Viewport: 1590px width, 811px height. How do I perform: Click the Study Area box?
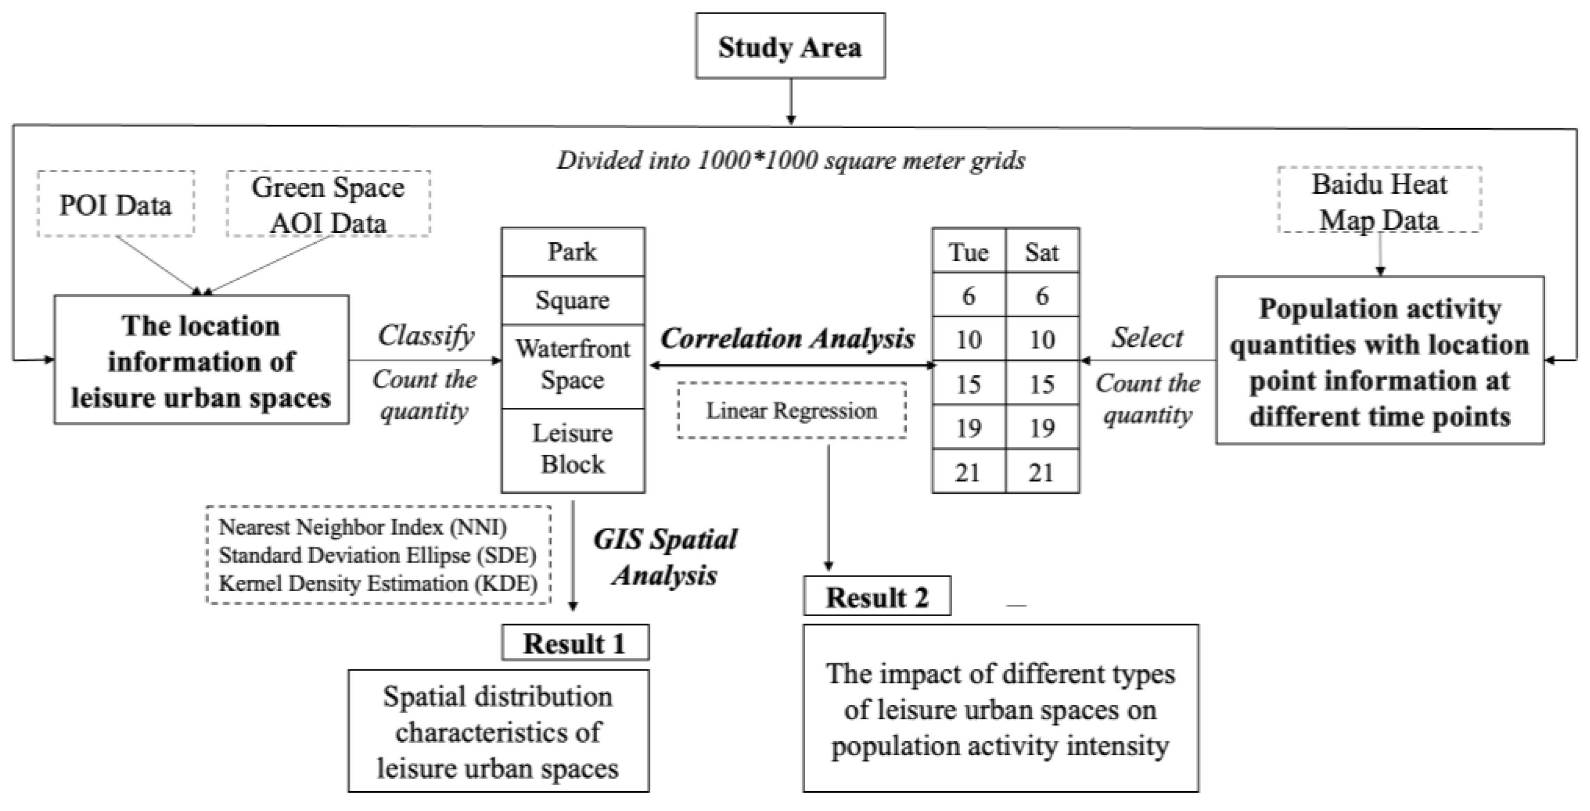coord(790,46)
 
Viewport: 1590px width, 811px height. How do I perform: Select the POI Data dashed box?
coord(115,204)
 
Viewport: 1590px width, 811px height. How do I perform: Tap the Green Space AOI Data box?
coord(328,204)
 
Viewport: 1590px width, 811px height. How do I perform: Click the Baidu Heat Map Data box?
coord(1379,201)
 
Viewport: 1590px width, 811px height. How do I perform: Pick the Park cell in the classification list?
coord(573,252)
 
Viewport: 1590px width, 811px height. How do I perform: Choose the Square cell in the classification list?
coord(573,301)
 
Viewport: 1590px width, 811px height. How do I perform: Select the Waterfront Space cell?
coord(573,365)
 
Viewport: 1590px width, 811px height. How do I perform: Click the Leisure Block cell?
coord(573,449)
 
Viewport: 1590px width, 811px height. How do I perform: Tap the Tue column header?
coord(968,252)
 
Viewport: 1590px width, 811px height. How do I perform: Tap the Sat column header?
coord(1042,252)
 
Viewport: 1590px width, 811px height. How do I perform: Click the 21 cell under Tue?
coord(968,472)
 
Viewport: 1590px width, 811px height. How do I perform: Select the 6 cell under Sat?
coord(1042,295)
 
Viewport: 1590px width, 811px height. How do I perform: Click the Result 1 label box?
coord(575,643)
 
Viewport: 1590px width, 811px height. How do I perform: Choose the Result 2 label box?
coord(877,596)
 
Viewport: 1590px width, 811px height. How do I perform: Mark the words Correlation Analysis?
coord(787,338)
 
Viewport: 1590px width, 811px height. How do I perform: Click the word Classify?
coord(426,336)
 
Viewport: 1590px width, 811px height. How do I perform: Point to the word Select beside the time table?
coord(1148,338)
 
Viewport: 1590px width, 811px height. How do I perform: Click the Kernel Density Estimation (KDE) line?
coord(378,583)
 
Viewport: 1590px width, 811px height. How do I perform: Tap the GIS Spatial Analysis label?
coord(665,557)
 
